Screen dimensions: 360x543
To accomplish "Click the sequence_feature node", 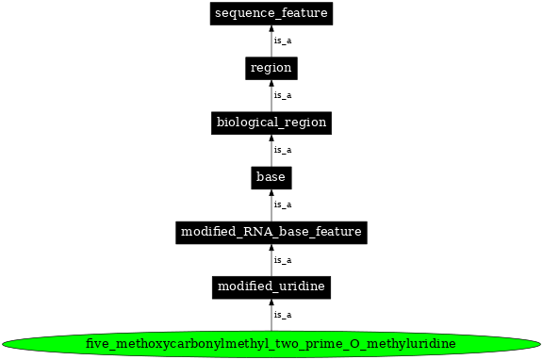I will (x=271, y=13).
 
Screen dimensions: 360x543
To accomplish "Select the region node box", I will (x=271, y=68).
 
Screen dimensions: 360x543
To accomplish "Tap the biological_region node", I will (x=271, y=123).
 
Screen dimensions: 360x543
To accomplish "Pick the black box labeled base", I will (x=271, y=176).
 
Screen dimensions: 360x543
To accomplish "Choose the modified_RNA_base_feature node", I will (x=271, y=231).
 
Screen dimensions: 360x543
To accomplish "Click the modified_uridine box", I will (x=271, y=286).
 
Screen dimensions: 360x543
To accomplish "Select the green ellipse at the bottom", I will (x=271, y=343).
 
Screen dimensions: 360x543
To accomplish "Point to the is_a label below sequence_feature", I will (x=282, y=41).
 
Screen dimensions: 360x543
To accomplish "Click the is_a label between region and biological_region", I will (x=282, y=95).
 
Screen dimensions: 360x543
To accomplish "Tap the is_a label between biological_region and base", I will (x=282, y=150).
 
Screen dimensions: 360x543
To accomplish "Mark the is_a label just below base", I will (x=282, y=205).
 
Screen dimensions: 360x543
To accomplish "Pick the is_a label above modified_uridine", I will (x=282, y=259).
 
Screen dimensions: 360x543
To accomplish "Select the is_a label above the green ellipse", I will (x=282, y=315).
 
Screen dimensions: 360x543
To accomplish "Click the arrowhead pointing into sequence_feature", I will (x=271, y=28).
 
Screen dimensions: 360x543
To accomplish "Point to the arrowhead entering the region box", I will (x=271, y=83).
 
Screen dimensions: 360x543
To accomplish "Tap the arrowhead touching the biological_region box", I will (x=271, y=138).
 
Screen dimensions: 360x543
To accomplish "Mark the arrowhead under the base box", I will (x=271, y=192).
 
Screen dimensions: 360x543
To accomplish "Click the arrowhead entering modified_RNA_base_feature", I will (x=271, y=247).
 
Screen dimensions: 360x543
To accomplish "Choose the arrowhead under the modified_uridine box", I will (x=271, y=302).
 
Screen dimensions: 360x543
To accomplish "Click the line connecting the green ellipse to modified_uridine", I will (x=271, y=319).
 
